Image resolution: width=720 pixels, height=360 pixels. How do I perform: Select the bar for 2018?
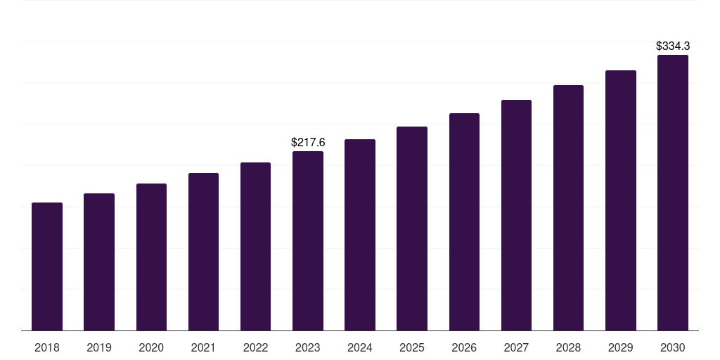(x=47, y=266)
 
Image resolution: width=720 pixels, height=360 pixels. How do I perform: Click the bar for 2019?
(x=99, y=262)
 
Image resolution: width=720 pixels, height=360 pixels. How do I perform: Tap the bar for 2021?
(x=203, y=252)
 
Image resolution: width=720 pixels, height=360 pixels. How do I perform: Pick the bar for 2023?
(x=308, y=240)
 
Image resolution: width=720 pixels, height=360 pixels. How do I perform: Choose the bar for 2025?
(x=412, y=229)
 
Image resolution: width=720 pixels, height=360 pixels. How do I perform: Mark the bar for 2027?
(x=516, y=215)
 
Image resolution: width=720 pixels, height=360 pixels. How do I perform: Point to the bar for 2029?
(x=621, y=200)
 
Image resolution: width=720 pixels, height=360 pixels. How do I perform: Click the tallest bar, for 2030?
(x=673, y=193)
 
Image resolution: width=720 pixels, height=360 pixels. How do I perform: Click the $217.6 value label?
(x=308, y=143)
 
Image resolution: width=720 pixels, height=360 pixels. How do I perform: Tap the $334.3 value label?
(x=673, y=46)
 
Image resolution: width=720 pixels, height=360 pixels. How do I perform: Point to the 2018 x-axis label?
(x=47, y=347)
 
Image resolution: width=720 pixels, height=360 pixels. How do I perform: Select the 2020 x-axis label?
(x=151, y=347)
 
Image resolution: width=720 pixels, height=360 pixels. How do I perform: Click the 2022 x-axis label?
(x=255, y=347)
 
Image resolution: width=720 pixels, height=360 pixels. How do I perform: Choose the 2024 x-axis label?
(x=360, y=347)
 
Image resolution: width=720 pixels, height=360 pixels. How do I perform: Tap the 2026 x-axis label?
(x=464, y=347)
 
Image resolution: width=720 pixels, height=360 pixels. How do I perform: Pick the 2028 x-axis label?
(x=568, y=347)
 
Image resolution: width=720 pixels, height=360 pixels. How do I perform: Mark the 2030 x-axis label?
(x=673, y=347)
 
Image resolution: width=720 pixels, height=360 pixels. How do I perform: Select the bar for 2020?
(x=151, y=257)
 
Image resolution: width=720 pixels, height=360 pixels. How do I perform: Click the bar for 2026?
(x=464, y=221)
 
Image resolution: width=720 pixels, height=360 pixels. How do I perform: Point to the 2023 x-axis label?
(x=308, y=347)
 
